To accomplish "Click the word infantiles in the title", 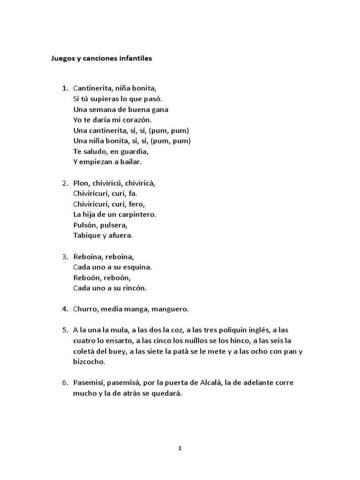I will coord(136,60).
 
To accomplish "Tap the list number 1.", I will coord(65,88).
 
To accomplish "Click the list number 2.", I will coord(65,183).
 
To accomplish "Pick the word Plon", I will coord(81,183).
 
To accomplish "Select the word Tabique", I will coord(87,235).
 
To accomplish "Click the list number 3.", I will coord(65,256).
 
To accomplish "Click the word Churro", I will coord(85,309).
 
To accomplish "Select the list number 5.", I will coord(65,330).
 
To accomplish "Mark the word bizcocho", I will coord(90,362).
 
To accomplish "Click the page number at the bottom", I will coord(180,448).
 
